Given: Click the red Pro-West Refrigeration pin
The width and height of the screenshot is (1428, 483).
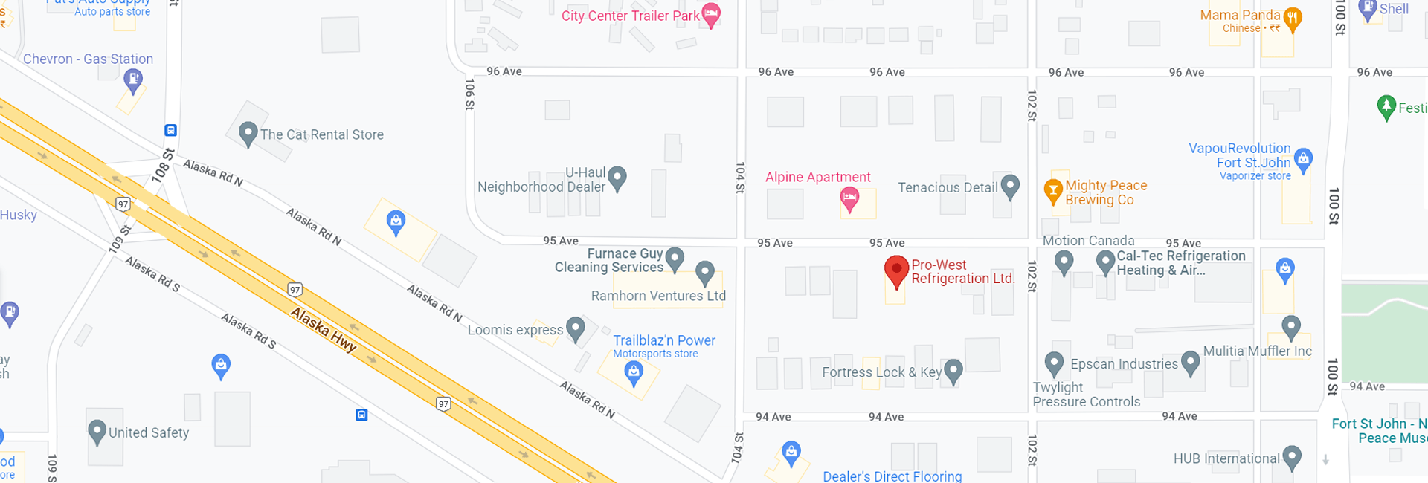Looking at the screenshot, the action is (896, 270).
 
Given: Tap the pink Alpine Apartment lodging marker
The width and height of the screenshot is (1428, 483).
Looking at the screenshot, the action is (849, 198).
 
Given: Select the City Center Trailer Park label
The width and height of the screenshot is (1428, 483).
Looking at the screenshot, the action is (631, 16).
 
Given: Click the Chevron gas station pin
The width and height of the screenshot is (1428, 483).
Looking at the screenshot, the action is (133, 80).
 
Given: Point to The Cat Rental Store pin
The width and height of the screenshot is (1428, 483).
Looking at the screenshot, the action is (248, 134).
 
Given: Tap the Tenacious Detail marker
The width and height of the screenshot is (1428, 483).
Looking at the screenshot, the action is (1009, 186).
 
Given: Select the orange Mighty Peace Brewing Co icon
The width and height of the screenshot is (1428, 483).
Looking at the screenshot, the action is (1052, 191).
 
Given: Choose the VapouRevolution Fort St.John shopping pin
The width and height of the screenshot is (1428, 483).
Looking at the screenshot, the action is (1303, 159).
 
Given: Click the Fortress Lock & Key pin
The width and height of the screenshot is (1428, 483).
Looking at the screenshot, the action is (953, 371).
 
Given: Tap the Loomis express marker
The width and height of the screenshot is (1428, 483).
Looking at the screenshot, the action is (576, 328).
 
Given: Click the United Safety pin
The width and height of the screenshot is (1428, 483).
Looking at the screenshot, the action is (97, 431).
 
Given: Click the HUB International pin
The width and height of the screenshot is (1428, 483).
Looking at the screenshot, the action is (1292, 457).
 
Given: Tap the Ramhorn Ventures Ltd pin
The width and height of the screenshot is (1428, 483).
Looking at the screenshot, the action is (704, 272).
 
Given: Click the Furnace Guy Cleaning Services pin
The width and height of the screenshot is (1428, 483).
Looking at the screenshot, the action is (675, 259).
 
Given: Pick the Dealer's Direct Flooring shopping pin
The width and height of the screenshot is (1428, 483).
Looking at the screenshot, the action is (791, 451).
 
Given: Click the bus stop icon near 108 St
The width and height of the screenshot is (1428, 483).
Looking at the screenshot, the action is (170, 130).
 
